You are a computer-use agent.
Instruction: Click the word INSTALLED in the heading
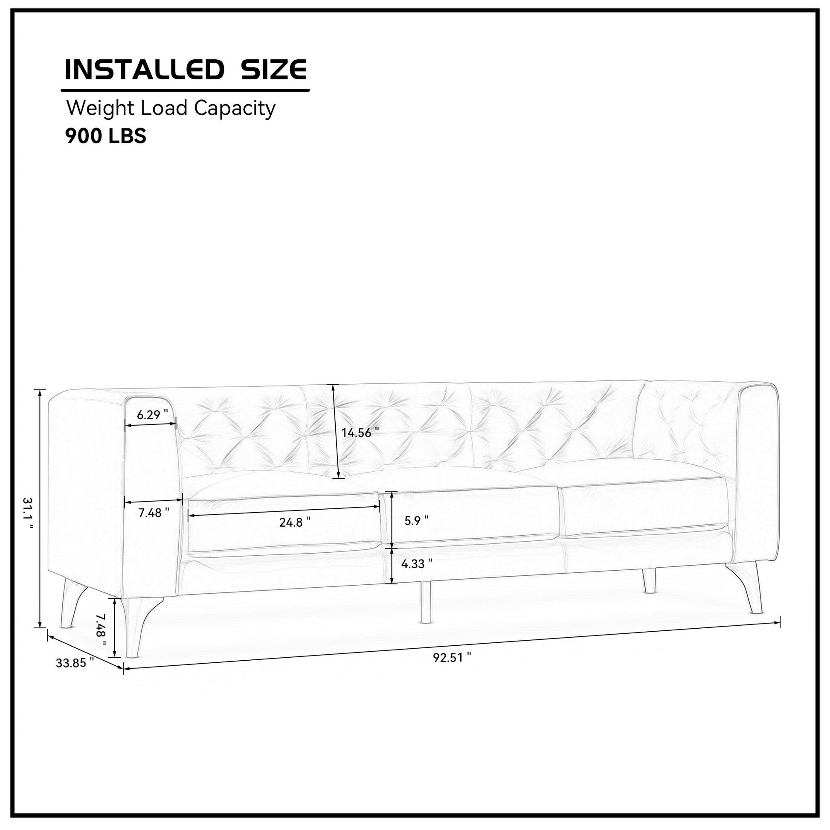[x=145, y=70]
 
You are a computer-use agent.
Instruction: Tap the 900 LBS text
[x=106, y=136]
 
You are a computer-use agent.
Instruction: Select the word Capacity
[x=235, y=109]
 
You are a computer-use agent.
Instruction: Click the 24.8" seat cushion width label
[x=295, y=522]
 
